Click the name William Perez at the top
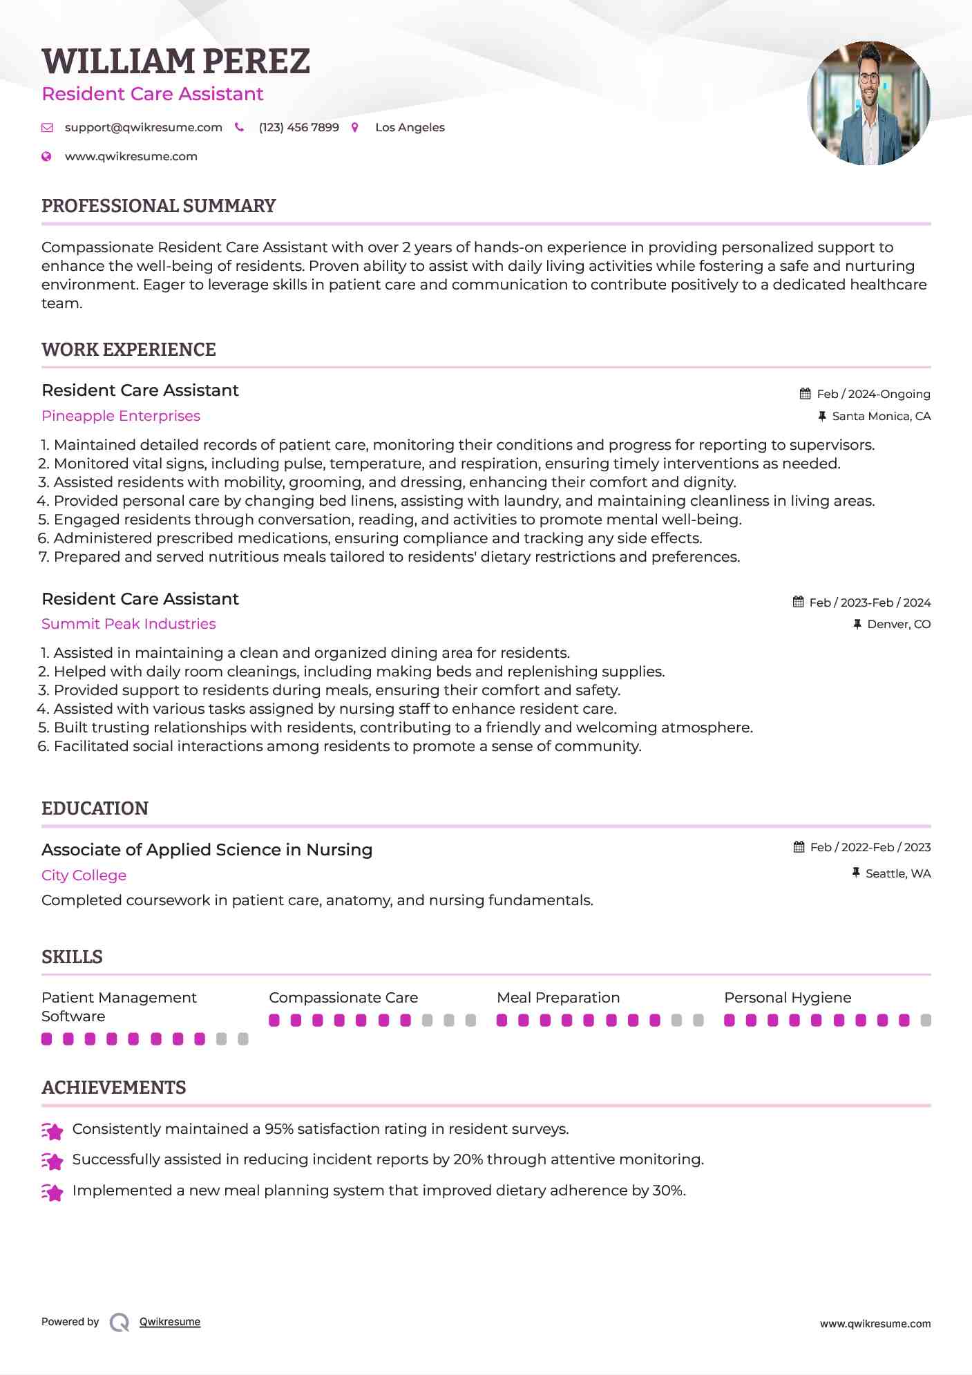coord(175,61)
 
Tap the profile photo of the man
coord(868,103)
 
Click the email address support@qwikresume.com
coord(143,128)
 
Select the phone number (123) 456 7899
coord(298,128)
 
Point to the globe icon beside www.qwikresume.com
coord(46,157)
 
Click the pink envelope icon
coord(47,128)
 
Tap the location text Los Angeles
coord(410,128)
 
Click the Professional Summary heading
coord(158,206)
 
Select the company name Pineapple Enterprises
coord(121,416)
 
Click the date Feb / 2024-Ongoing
coord(873,395)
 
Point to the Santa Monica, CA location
coord(881,417)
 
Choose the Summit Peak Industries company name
coord(128,624)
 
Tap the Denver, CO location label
coord(899,625)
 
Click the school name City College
coord(84,875)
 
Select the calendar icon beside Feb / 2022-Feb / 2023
coord(799,847)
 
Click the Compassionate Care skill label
coord(343,998)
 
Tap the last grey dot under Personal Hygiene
coord(926,1021)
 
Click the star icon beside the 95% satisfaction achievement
coord(53,1131)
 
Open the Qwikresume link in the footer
coord(170,1322)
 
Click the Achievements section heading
coord(113,1088)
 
